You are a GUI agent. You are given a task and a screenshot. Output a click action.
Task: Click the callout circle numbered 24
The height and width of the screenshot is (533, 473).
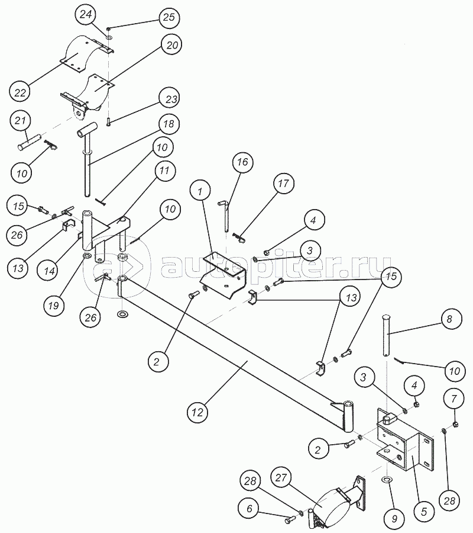[x=86, y=15]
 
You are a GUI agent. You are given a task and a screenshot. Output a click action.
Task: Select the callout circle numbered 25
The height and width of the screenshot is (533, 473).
[x=169, y=17]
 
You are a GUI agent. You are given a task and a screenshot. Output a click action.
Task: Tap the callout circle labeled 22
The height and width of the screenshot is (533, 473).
[x=20, y=92]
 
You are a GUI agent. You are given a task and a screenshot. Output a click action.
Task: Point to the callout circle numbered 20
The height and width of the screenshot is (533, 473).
[x=171, y=45]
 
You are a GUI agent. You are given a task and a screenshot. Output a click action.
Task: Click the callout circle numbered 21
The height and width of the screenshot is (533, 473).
[x=20, y=121]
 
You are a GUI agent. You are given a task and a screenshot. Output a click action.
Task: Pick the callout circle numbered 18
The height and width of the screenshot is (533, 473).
[x=169, y=124]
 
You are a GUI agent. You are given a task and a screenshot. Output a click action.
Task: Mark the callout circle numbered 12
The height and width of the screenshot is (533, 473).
[x=197, y=412]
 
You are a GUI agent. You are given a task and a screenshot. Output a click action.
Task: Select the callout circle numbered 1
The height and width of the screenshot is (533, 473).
[x=200, y=192]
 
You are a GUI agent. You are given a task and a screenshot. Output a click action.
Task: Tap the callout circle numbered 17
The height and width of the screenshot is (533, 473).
[x=283, y=184]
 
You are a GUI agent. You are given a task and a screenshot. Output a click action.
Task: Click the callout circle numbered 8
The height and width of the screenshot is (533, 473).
[x=449, y=320]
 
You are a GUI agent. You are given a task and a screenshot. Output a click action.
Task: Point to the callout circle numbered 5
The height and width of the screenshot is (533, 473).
[x=424, y=511]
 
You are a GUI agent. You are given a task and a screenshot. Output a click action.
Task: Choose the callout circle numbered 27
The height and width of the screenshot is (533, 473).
[x=281, y=478]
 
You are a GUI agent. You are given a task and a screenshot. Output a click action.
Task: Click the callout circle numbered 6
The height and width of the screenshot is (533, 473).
[x=250, y=509]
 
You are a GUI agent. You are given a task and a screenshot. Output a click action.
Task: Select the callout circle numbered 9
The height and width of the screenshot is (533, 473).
[x=394, y=519]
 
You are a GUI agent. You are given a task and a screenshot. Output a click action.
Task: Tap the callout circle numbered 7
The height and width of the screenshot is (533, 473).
[x=454, y=399]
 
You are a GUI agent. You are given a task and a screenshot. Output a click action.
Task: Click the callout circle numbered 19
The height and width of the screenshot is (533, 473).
[x=54, y=306]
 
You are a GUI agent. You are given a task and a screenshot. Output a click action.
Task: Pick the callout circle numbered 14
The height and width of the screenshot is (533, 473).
[x=49, y=271]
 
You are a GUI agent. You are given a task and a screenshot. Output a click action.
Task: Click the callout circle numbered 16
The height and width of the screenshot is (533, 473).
[x=242, y=162]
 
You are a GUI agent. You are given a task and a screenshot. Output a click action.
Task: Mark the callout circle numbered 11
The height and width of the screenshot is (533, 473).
[x=164, y=171]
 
